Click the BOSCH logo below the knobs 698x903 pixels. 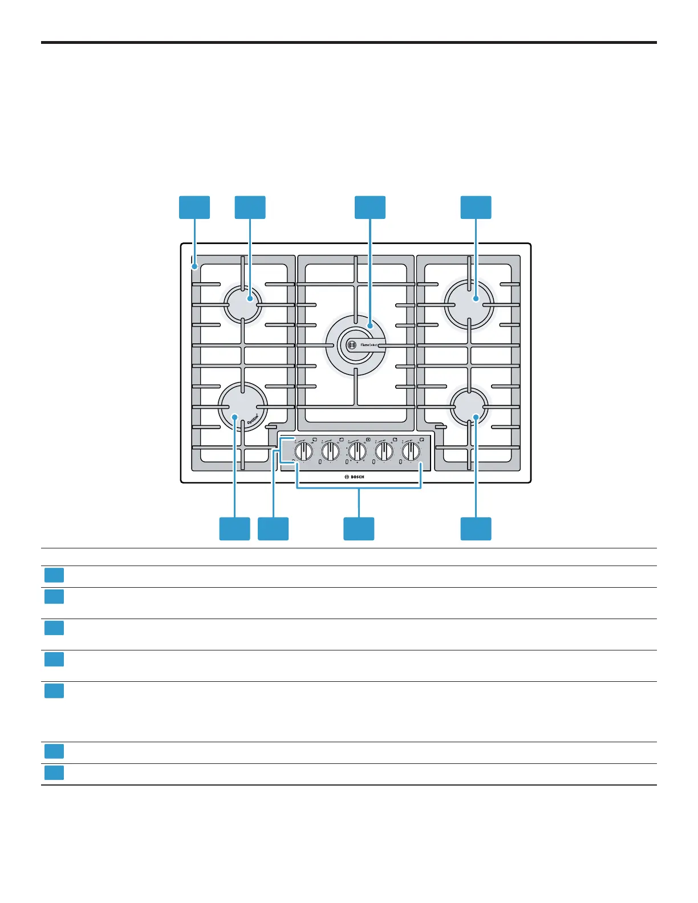click(x=355, y=477)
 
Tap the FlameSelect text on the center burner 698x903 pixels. click(x=369, y=345)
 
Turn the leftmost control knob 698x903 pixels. click(x=303, y=451)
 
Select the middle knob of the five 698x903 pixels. click(x=357, y=451)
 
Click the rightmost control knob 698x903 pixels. click(x=411, y=451)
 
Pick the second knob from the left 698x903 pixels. click(x=330, y=451)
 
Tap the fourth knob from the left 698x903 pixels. click(x=384, y=451)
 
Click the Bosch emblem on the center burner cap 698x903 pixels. click(x=352, y=345)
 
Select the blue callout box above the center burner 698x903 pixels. click(x=370, y=207)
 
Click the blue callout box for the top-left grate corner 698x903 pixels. click(x=194, y=207)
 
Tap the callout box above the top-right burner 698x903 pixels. click(x=476, y=207)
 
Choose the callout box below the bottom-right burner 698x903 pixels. click(x=476, y=528)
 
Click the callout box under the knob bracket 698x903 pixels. click(x=359, y=528)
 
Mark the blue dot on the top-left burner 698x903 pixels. click(x=250, y=298)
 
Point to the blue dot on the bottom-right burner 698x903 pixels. click(x=476, y=417)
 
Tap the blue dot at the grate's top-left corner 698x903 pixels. click(x=195, y=266)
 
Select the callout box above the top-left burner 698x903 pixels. click(x=250, y=207)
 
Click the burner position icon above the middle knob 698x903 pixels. click(x=368, y=440)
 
